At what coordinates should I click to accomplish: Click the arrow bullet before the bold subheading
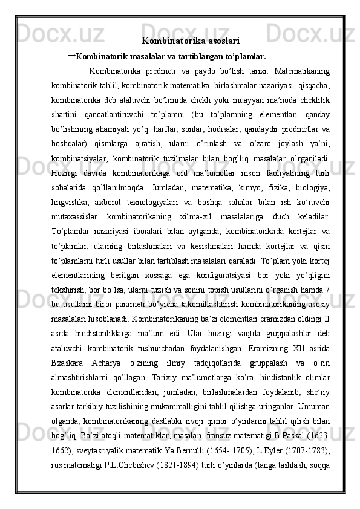click(x=71, y=56)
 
